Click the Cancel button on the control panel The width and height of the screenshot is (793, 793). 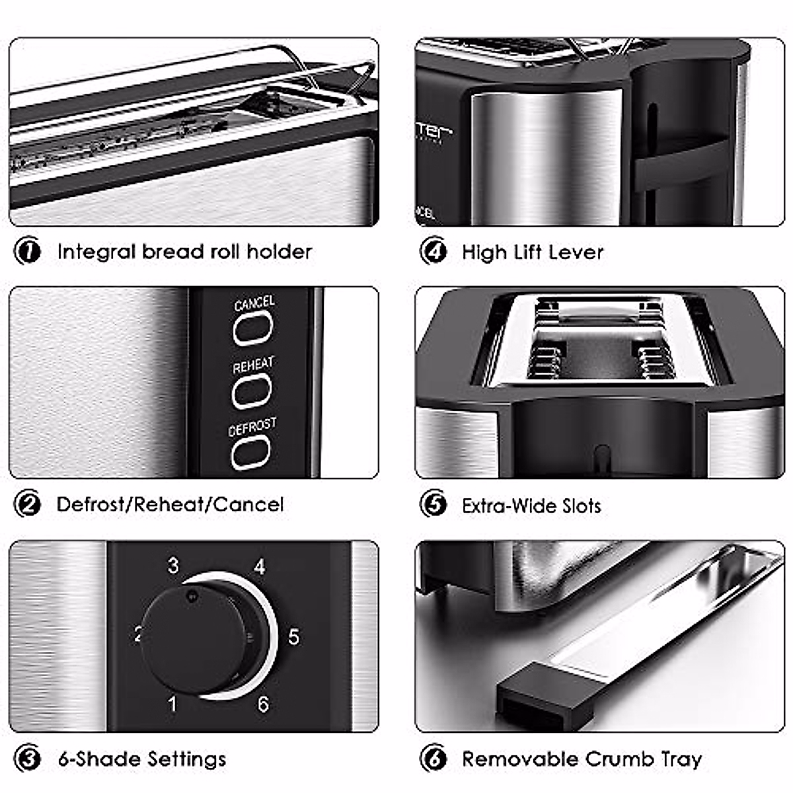tap(252, 327)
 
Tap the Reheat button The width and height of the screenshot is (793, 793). tap(252, 390)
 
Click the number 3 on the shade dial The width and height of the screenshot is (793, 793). tap(173, 566)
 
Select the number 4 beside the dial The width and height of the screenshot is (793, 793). tap(260, 567)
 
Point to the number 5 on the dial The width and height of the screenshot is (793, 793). tap(293, 637)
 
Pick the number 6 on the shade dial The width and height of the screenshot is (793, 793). tap(263, 704)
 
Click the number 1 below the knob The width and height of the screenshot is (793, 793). tap(172, 704)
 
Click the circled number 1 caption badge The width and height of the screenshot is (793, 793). tap(28, 252)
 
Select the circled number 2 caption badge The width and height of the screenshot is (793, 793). tap(28, 505)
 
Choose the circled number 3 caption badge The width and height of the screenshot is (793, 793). tap(28, 759)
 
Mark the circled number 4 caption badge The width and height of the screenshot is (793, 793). tap(434, 252)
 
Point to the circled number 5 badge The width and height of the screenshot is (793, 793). tap(434, 505)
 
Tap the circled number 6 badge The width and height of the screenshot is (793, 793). tap(434, 759)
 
